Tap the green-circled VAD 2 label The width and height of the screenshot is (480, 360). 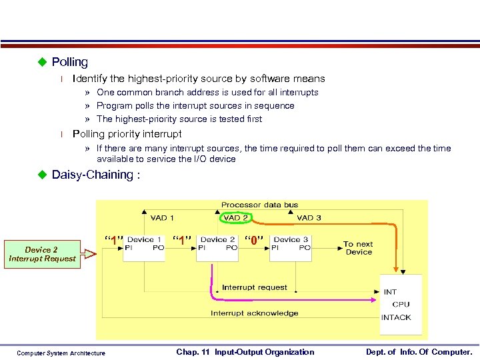click(x=236, y=218)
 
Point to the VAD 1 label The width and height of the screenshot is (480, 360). click(x=163, y=218)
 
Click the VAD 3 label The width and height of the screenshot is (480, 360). click(x=309, y=218)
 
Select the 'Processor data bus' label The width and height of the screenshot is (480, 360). click(x=260, y=205)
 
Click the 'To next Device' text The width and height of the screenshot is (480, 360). click(x=358, y=248)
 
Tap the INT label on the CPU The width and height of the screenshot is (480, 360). click(x=390, y=292)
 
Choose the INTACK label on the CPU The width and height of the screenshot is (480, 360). click(x=396, y=317)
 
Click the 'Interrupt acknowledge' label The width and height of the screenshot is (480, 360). click(x=255, y=313)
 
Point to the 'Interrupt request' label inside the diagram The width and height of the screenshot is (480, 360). click(x=254, y=287)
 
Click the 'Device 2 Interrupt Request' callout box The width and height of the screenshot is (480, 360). click(x=41, y=255)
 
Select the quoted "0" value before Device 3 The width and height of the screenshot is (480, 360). click(x=253, y=239)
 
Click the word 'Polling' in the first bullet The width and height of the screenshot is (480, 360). click(x=69, y=62)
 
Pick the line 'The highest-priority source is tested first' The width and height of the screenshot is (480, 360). click(x=179, y=119)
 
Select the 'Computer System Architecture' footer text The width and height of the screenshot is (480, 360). click(x=61, y=353)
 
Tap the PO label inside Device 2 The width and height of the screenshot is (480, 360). click(x=231, y=248)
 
